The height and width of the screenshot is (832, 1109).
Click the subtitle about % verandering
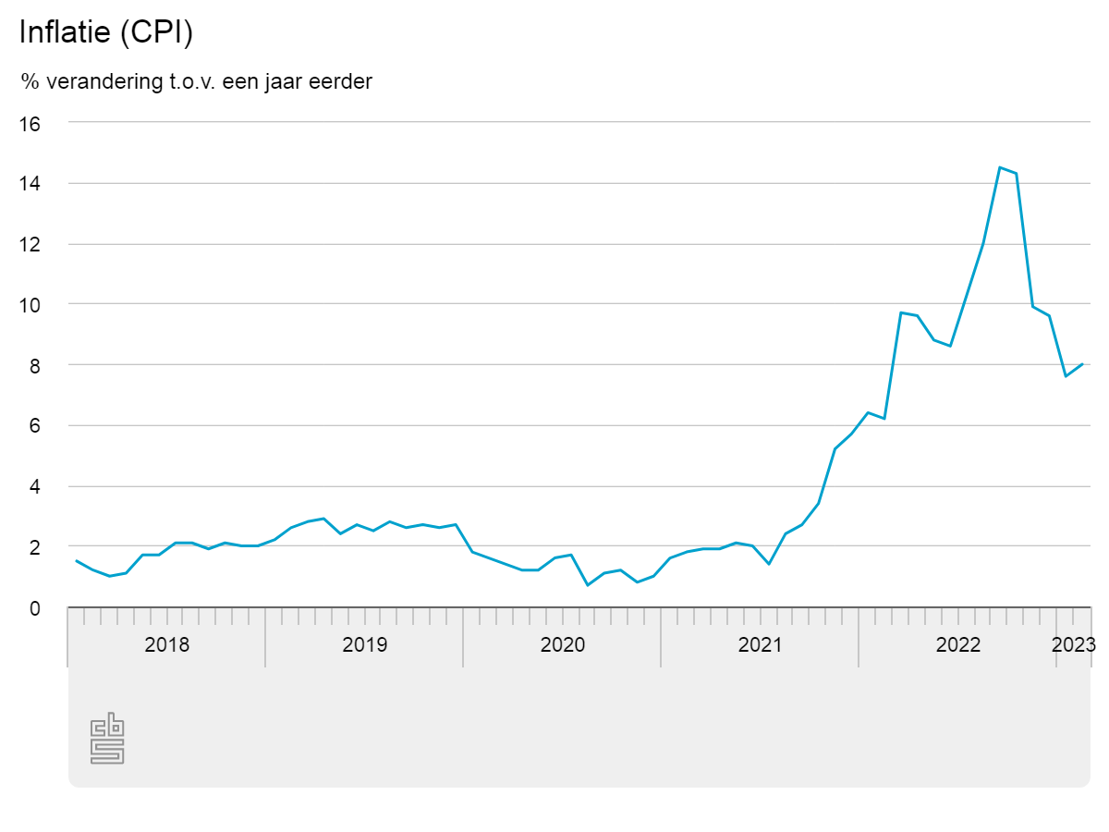[197, 81]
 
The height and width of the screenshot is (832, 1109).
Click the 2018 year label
[167, 644]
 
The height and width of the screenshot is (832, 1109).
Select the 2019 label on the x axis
[365, 644]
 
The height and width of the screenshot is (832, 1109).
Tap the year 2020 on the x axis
[563, 644]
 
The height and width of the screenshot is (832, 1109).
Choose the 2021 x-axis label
[761, 644]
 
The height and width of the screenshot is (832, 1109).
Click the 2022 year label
[958, 644]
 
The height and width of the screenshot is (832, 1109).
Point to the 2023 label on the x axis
[1074, 644]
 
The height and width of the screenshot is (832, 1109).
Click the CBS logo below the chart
[107, 739]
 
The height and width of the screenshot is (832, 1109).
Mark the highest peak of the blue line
[1000, 167]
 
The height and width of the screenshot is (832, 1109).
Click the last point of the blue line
[1082, 364]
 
